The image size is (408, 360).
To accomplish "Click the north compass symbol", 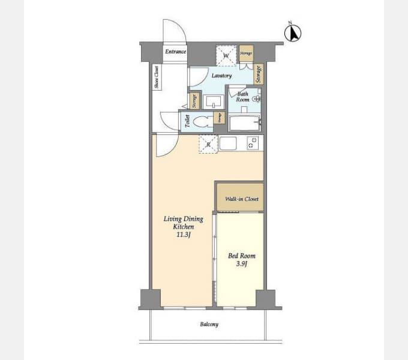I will coord(294,33).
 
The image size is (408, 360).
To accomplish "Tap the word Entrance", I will coord(175,52).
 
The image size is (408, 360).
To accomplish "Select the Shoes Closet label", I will coord(157,77).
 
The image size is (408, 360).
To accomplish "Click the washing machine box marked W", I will coord(226,56).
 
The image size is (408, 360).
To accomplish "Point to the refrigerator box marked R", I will coord(208,144).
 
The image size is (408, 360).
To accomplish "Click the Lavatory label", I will coord(221,76).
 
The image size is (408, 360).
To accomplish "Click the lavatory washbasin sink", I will coord(214,101).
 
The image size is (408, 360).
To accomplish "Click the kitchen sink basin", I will coord(229,143).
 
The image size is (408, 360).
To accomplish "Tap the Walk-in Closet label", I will coord(239,199).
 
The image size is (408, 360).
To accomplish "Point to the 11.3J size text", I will coord(183,235).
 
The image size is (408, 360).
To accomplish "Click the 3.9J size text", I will coord(241,263).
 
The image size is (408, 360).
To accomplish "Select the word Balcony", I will coord(209,325).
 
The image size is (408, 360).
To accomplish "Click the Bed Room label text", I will coord(242,256).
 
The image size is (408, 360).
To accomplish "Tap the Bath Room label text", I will coord(242,96).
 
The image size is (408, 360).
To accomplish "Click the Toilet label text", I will coord(187,122).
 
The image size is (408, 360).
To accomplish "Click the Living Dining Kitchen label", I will coord(183,223).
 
